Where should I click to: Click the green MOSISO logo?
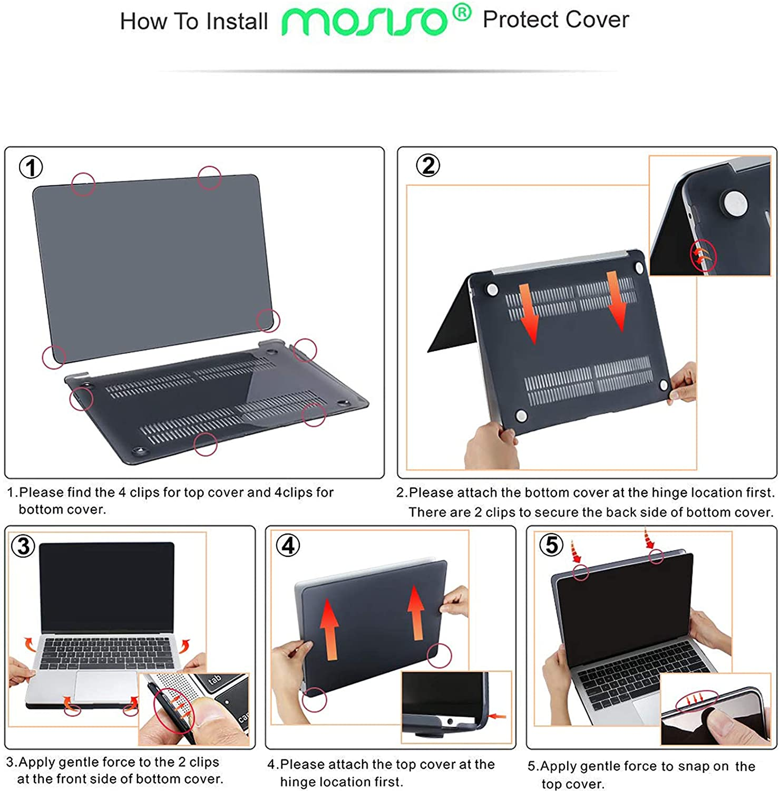tap(364, 21)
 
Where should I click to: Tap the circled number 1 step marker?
tap(31, 168)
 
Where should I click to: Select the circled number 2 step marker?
tap(427, 166)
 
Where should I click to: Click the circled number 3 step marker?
tap(23, 546)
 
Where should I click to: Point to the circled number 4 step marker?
tap(288, 545)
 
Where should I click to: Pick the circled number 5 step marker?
tap(551, 545)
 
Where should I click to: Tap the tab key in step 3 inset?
tap(215, 680)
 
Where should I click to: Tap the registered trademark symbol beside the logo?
tap(461, 13)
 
